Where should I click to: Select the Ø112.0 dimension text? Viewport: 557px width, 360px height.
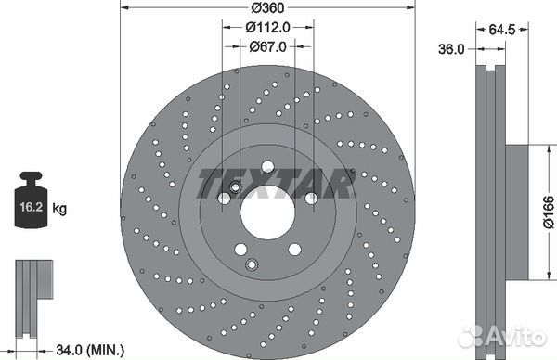(267, 28)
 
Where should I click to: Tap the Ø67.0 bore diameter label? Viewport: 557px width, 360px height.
(267, 46)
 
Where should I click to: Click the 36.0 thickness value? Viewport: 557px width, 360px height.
(450, 50)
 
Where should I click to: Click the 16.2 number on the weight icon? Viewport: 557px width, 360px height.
(30, 210)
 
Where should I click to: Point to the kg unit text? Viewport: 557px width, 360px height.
(59, 210)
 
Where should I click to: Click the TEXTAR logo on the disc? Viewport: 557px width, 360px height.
(276, 184)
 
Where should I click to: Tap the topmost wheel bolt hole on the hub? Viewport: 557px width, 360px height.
(267, 167)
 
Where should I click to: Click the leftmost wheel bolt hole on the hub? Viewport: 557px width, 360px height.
(224, 198)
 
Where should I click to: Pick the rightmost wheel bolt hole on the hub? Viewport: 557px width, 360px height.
(311, 198)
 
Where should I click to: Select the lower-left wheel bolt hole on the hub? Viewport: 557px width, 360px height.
(240, 249)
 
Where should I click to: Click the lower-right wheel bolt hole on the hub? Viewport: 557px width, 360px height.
(294, 249)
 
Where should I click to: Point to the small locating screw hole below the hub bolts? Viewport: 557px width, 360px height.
(251, 264)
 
